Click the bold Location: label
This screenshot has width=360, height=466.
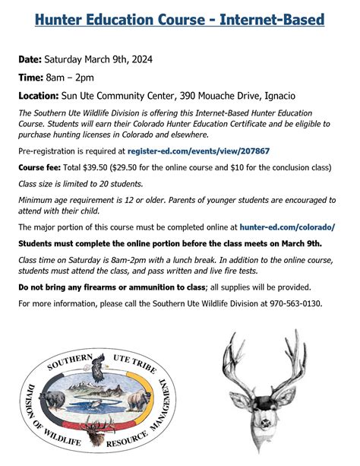pyautogui.click(x=43, y=97)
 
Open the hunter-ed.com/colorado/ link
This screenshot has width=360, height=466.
pyautogui.click(x=287, y=227)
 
